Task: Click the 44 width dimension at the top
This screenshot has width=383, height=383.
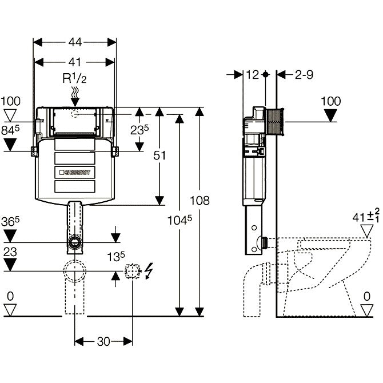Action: pos(75,42)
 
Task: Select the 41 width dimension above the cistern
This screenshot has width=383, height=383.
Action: pos(74,62)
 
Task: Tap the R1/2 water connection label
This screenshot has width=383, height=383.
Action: pos(74,78)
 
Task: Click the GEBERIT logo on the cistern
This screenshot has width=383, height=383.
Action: pos(75,173)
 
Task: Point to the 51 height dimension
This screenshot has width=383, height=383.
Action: pos(159,155)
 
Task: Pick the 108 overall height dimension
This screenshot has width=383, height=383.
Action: pos(200,201)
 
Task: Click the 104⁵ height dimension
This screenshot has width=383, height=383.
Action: pos(179,220)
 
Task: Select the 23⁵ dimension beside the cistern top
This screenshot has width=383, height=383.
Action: pos(139,130)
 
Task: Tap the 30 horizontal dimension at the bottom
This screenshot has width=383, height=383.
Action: pos(103,341)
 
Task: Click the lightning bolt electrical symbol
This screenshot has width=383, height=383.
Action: pos(149,270)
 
